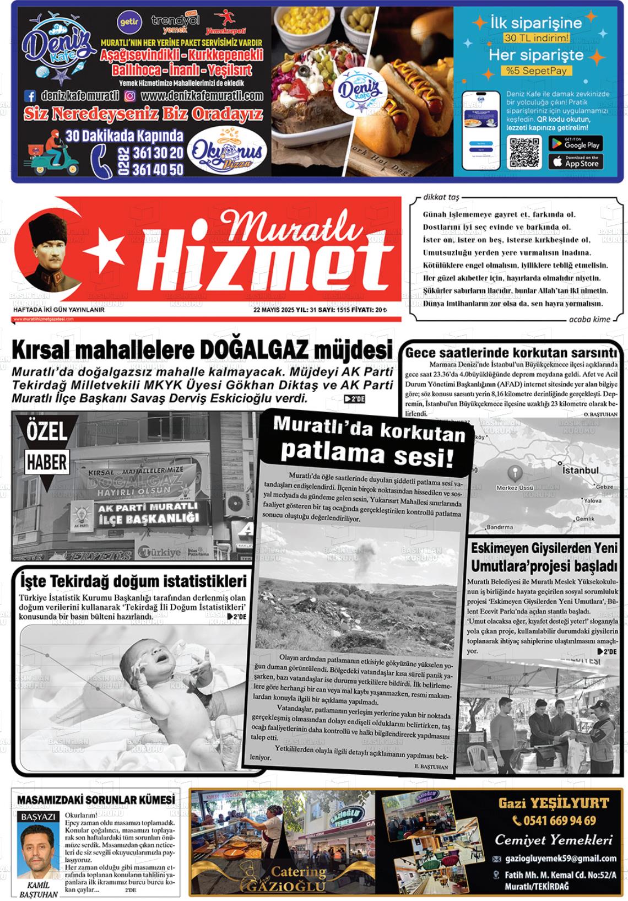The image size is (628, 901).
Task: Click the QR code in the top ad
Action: tap(524, 152)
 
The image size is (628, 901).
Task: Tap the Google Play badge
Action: tap(575, 144)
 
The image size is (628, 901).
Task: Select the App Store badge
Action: tap(575, 162)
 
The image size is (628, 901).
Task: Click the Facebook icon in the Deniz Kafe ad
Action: tap(31, 96)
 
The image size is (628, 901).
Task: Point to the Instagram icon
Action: tap(130, 96)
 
